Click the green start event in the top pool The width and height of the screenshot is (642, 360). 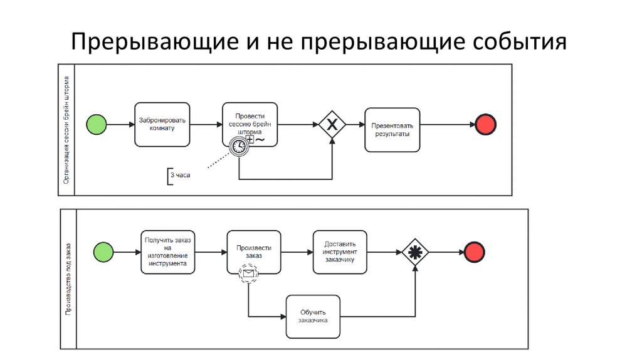coord(97,125)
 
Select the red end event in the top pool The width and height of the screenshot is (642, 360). coord(486,124)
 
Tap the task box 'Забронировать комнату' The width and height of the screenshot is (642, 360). coord(162,124)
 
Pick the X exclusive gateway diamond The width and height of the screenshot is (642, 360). coord(332,124)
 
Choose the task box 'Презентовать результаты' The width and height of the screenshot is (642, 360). coord(392,130)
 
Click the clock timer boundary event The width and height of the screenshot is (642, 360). coord(239,146)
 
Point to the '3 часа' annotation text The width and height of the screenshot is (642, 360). coord(180,176)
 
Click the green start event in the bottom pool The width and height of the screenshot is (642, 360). coord(103,252)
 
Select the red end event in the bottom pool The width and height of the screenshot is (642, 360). coord(475,252)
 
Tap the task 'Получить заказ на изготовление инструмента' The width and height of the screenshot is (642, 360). coord(168,251)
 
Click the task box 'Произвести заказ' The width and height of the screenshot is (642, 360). coord(254,251)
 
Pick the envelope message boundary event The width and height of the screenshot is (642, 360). coord(248,273)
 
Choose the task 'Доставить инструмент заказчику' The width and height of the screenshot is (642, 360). coord(340,251)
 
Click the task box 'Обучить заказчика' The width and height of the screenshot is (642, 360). coord(313,316)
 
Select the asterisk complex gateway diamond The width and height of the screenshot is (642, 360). coord(414,252)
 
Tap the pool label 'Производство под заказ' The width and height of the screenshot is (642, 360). coord(68,278)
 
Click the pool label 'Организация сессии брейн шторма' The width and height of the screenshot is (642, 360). coord(66,130)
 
